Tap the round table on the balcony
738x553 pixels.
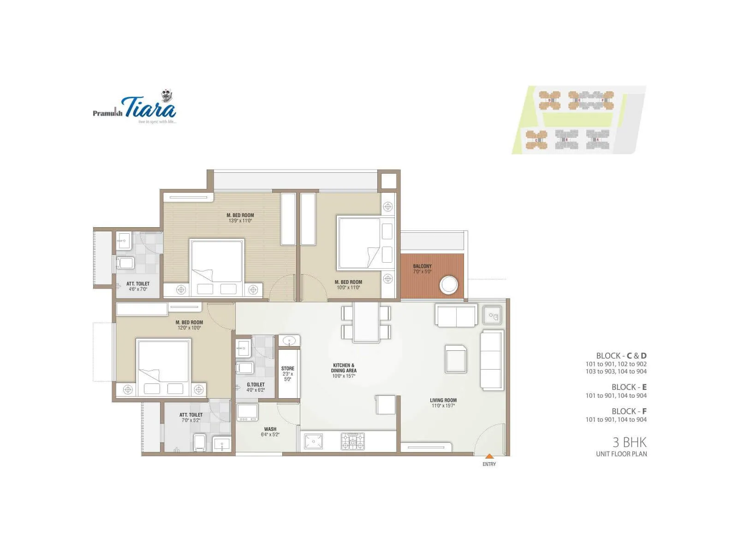(x=449, y=285)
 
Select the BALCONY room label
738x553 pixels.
(x=422, y=266)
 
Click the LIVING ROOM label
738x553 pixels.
(x=443, y=400)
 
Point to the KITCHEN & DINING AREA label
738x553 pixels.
(x=344, y=368)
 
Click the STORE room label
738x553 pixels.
(x=288, y=369)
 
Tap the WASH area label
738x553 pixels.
(x=270, y=429)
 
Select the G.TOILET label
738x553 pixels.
(x=256, y=385)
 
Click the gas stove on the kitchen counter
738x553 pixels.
(x=353, y=441)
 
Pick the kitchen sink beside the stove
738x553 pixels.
(x=313, y=441)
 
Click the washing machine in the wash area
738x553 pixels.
(x=247, y=412)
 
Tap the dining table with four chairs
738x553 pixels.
(x=366, y=322)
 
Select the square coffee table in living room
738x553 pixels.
(x=456, y=359)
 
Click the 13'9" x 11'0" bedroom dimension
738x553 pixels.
(x=240, y=221)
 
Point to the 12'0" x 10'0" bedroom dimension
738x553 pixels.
(x=189, y=328)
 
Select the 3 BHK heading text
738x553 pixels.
(x=629, y=442)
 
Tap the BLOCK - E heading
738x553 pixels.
(x=629, y=387)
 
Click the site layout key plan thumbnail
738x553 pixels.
(x=579, y=120)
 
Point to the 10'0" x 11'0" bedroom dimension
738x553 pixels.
(x=348, y=288)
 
